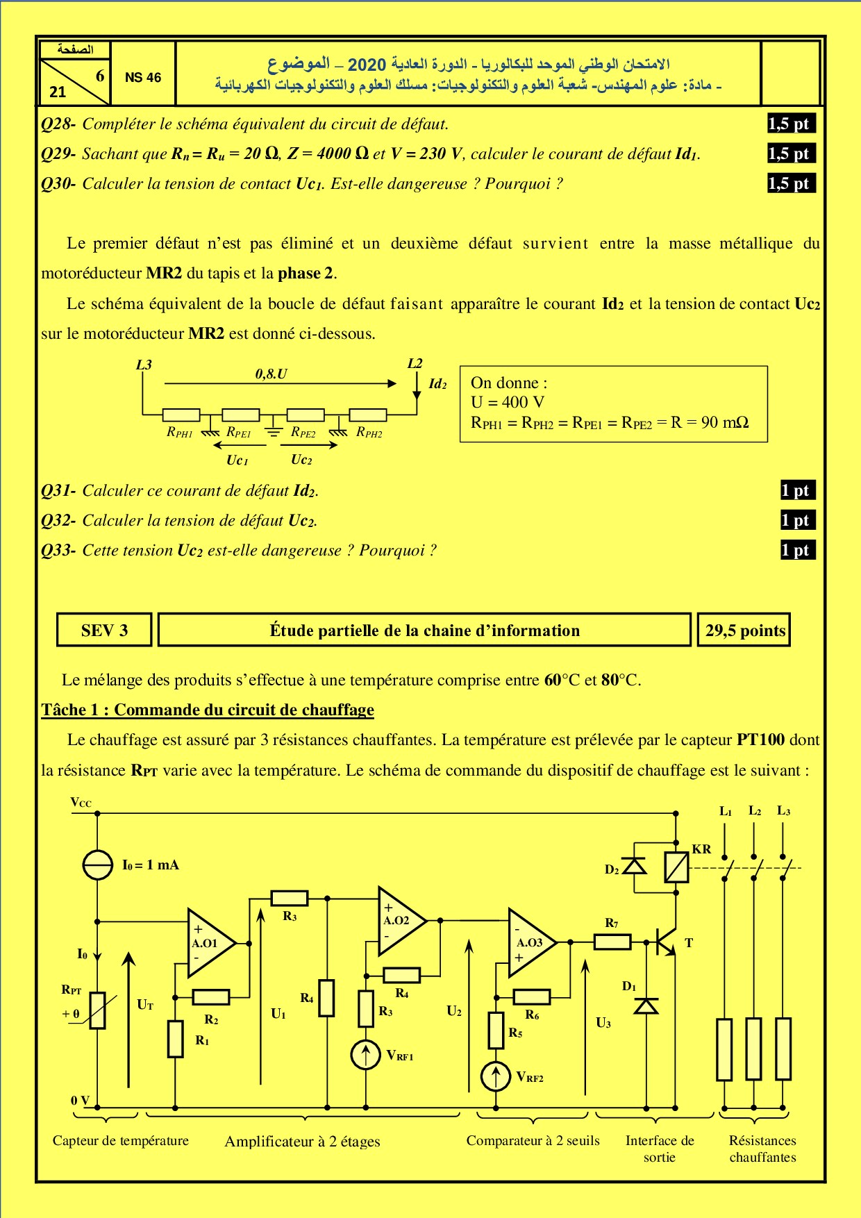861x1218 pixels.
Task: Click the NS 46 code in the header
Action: click(142, 78)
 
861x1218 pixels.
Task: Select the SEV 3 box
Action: click(104, 630)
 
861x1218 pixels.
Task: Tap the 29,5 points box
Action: click(744, 630)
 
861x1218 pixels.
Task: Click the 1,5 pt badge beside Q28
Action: click(789, 124)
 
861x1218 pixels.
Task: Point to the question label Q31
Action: click(58, 491)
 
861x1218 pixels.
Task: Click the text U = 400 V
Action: click(508, 402)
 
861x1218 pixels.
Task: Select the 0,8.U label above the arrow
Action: click(271, 374)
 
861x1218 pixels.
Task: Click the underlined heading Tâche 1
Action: click(208, 710)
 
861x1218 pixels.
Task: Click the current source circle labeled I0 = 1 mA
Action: click(97, 865)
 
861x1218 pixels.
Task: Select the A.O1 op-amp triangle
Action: click(208, 943)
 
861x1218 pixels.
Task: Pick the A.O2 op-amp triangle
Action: click(399, 921)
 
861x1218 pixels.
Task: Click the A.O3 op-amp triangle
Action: click(529, 942)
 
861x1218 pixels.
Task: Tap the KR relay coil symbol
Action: click(676, 867)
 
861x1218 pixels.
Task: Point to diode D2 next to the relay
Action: click(634, 867)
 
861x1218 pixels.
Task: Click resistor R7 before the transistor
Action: click(612, 942)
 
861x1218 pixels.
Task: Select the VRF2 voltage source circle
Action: click(496, 1076)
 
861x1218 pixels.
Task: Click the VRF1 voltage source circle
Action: click(366, 1055)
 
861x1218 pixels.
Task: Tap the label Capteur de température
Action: click(121, 1140)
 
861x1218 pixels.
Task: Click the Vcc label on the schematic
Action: click(81, 803)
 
